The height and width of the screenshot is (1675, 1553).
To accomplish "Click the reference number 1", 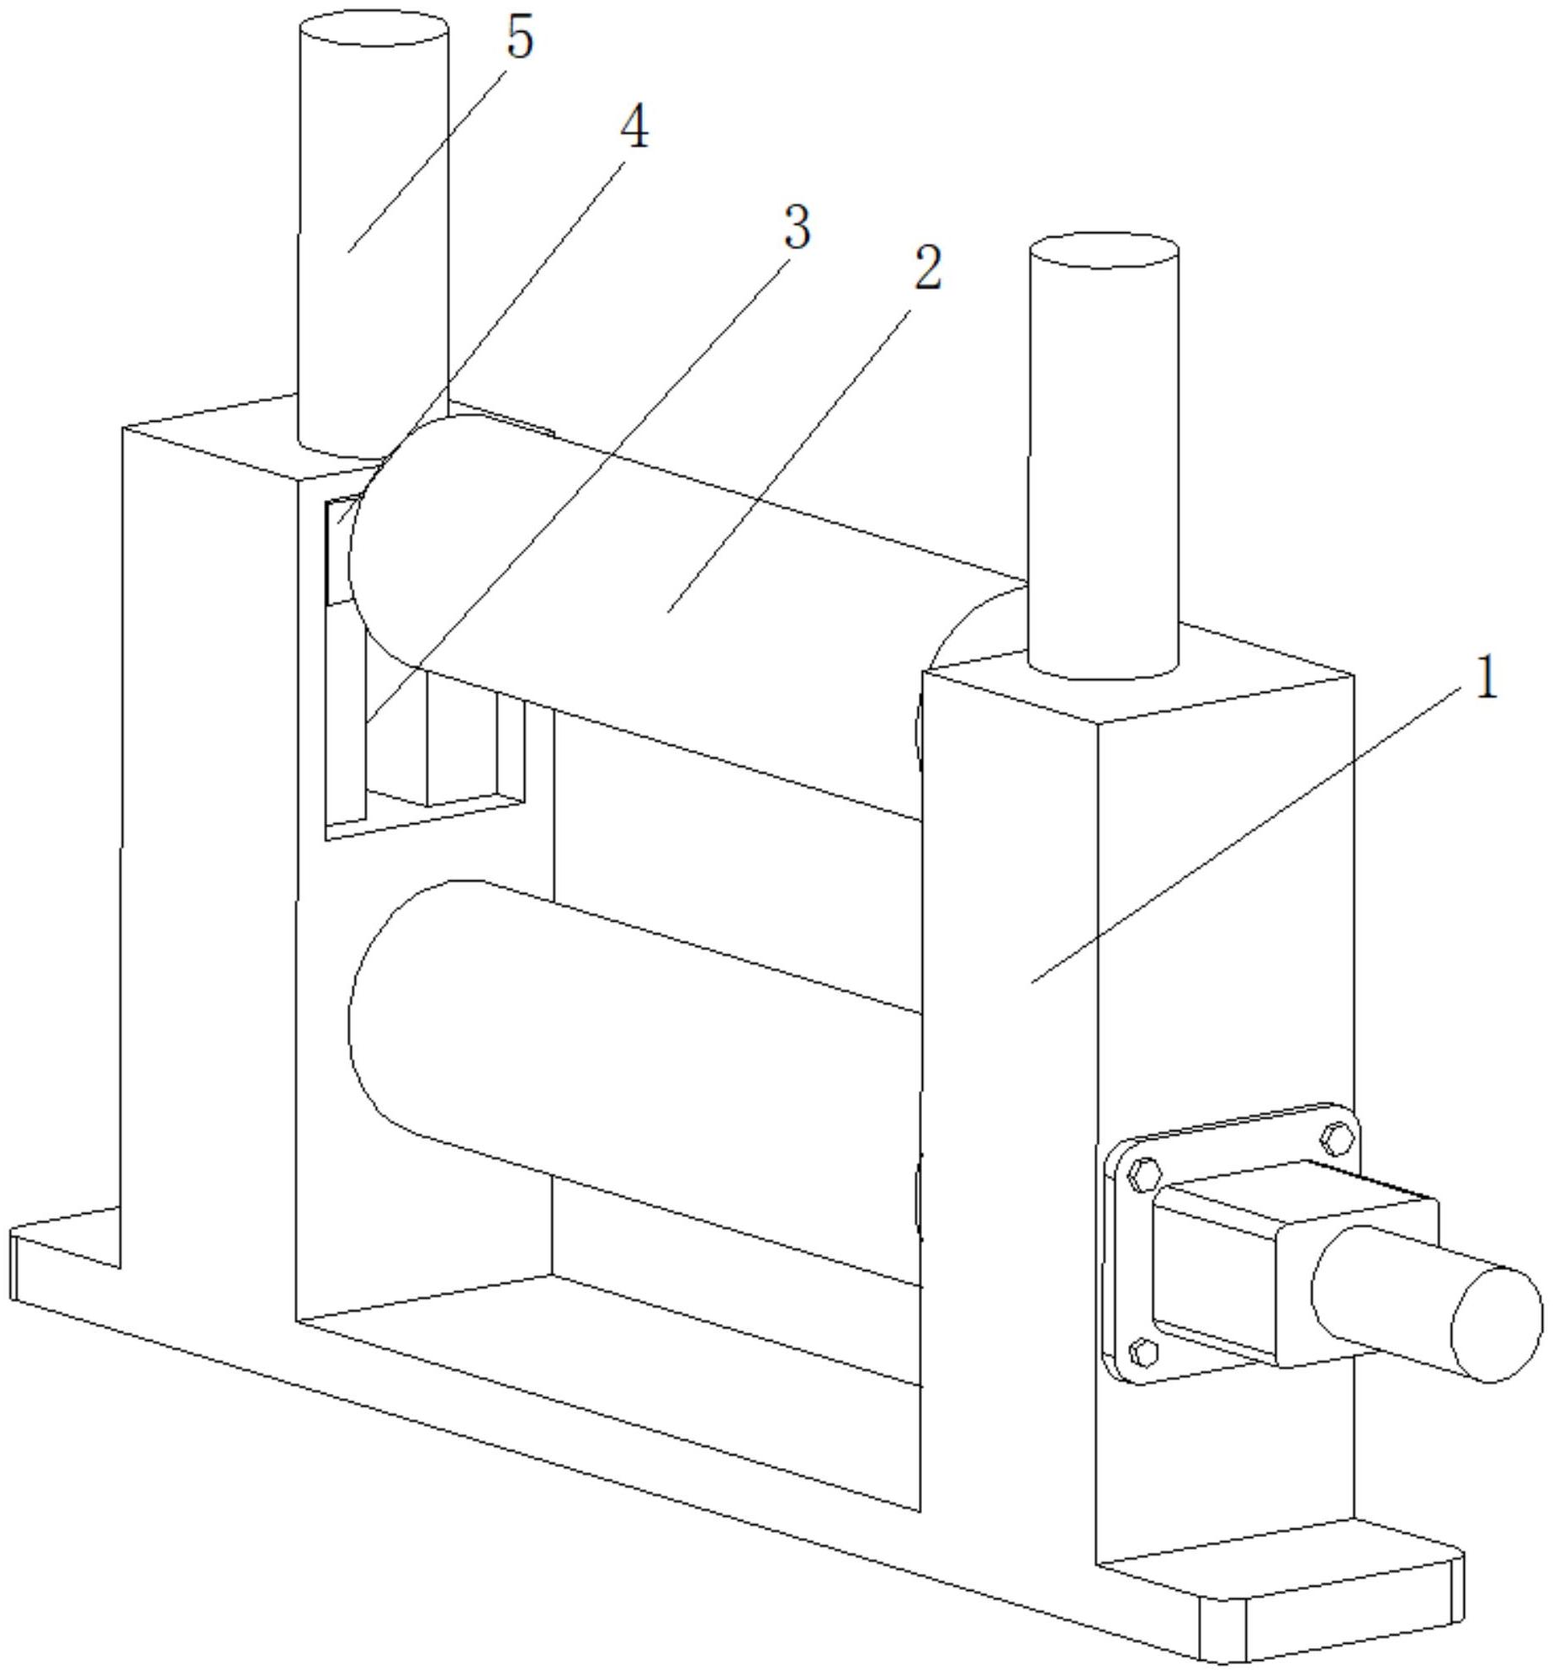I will (1487, 678).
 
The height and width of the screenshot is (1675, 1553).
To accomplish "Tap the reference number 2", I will (928, 269).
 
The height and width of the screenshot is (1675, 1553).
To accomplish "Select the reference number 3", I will (797, 227).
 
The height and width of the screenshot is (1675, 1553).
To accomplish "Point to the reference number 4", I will (635, 130).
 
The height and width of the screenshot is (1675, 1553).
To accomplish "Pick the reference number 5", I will (521, 38).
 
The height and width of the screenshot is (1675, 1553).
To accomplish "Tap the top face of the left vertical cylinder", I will (374, 28).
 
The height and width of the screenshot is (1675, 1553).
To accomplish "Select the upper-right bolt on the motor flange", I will (1336, 1139).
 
